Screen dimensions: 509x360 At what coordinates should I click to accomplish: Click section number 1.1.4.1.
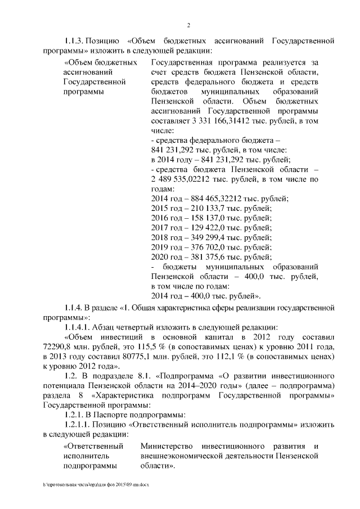[x=78, y=327]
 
